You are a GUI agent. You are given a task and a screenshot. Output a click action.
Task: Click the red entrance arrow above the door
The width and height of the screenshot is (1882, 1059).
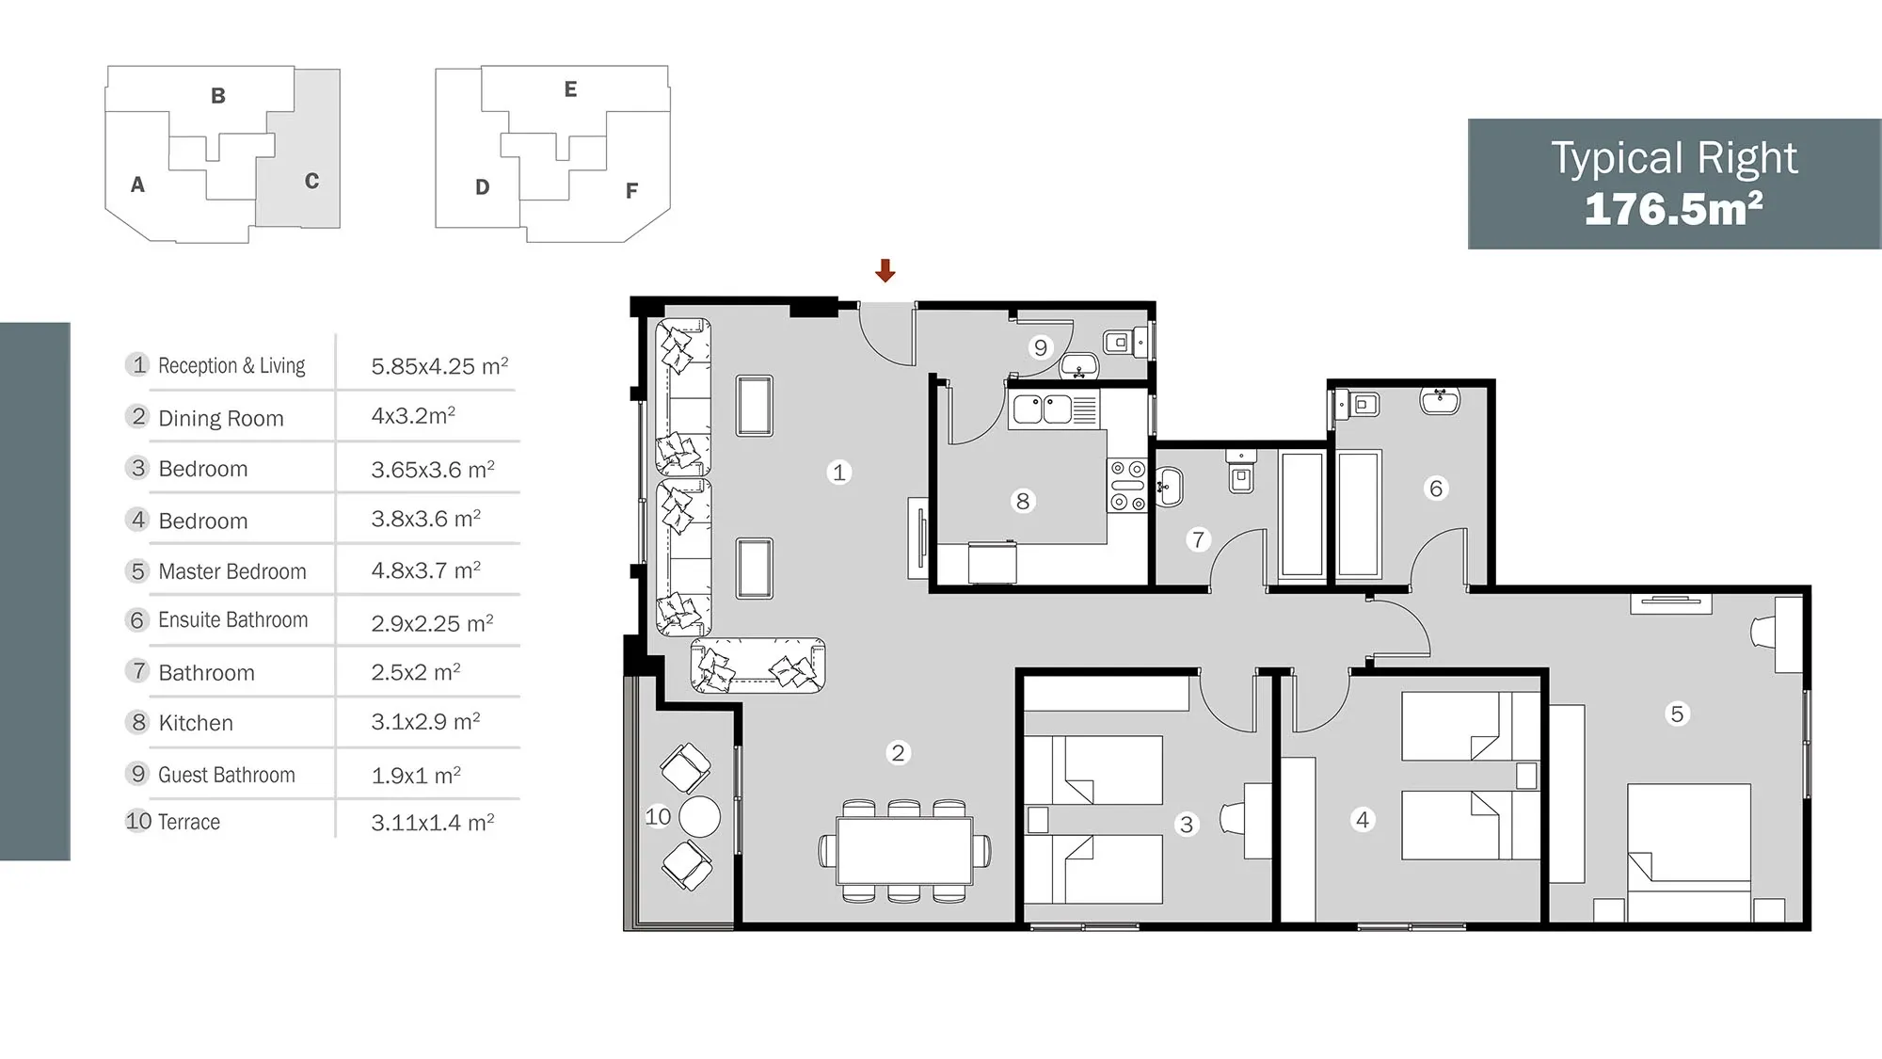(x=885, y=270)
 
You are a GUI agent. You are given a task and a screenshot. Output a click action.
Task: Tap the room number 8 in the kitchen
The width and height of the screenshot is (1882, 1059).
(x=1023, y=501)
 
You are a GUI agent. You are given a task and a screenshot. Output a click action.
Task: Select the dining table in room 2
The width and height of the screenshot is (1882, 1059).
(x=904, y=851)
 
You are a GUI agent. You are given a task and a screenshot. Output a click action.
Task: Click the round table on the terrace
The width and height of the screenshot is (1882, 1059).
(x=699, y=817)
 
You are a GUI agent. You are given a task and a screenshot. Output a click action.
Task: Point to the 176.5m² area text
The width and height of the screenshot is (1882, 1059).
(x=1673, y=209)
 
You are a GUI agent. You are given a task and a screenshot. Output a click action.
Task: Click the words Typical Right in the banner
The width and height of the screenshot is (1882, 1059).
(x=1674, y=158)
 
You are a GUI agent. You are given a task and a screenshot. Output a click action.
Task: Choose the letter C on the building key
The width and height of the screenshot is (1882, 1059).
(x=311, y=181)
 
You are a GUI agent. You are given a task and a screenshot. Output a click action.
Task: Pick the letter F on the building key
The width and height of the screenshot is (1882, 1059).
(x=631, y=191)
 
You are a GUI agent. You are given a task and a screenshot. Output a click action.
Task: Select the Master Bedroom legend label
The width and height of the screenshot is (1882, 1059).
(x=232, y=571)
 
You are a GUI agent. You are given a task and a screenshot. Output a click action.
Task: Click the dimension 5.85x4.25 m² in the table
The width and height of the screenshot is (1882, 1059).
(x=439, y=366)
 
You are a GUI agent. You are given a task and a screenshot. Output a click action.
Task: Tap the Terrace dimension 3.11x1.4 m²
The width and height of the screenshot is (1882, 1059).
(x=432, y=823)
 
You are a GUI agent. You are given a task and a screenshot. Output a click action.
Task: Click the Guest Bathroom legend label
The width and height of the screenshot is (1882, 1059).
(x=227, y=775)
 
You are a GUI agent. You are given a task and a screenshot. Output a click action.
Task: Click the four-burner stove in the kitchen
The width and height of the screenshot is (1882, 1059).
(x=1127, y=486)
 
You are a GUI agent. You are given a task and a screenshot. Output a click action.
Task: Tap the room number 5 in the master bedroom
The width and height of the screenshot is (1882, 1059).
(x=1677, y=714)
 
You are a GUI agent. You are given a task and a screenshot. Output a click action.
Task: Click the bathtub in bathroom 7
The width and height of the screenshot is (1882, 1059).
(x=1302, y=514)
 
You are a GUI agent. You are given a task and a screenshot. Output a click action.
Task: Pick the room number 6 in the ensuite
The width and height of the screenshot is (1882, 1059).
(x=1436, y=488)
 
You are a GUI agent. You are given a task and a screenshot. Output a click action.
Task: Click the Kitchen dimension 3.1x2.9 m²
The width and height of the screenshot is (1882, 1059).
(x=425, y=722)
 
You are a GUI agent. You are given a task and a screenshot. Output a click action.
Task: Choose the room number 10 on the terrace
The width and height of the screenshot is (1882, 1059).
(x=658, y=816)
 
